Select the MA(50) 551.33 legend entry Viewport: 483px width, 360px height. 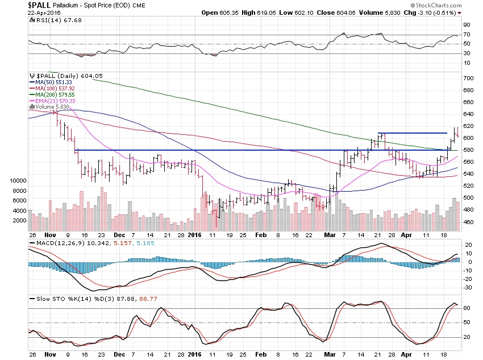coord(52,82)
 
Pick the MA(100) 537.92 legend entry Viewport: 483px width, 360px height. coord(53,88)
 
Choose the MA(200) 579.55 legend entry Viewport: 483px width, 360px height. coord(53,94)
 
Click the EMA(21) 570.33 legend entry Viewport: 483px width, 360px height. coord(54,101)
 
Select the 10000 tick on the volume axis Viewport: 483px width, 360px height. coord(18,180)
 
